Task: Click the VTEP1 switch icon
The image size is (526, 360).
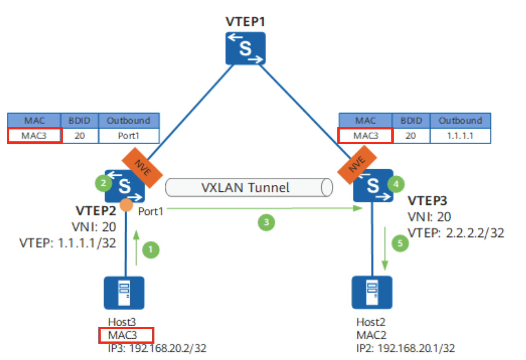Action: point(245,48)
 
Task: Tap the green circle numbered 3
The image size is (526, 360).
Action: point(266,222)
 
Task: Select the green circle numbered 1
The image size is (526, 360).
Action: point(150,249)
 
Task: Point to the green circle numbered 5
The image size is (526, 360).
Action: point(400,243)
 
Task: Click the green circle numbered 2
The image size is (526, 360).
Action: point(103,183)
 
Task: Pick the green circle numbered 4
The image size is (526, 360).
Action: point(396,184)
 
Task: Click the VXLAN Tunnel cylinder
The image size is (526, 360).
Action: point(249,187)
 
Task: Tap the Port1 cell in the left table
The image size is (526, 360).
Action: point(129,136)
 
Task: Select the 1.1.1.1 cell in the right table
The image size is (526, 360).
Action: point(460,136)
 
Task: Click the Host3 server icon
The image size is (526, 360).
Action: point(124,293)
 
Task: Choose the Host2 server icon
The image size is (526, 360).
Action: point(372,292)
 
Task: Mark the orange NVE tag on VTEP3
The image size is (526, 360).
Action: point(357,165)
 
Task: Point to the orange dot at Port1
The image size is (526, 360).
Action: point(126,204)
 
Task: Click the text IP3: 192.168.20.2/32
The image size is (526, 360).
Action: point(157,348)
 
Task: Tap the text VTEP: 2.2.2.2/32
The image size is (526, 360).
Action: point(456,233)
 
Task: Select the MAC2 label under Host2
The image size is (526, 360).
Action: point(371,335)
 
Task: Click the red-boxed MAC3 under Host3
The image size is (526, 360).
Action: point(126,335)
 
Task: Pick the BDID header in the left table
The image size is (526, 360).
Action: point(79,120)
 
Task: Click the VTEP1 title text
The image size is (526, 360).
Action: point(245,21)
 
